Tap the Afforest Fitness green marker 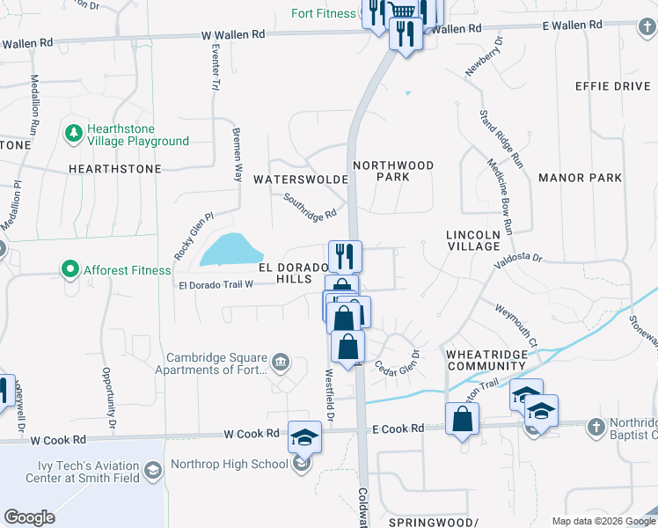click(69, 269)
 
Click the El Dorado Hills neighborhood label click(286, 272)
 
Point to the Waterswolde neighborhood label click(302, 179)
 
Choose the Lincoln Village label click(472, 240)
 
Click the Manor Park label click(580, 178)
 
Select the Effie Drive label click(611, 86)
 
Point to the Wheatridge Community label click(486, 359)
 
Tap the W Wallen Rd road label click(233, 34)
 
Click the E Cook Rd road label click(398, 429)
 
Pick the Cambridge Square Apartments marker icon click(281, 361)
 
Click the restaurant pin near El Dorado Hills click(345, 256)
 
